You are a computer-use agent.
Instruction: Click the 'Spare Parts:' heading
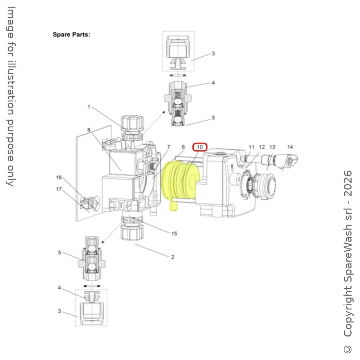[x=71, y=35]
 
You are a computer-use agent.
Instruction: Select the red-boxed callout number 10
[x=200, y=147]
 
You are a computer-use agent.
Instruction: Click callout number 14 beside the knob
[x=290, y=147]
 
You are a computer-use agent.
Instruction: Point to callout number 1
[x=89, y=107]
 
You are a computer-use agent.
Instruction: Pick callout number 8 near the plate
[x=89, y=130]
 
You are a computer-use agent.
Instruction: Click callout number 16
[x=59, y=178]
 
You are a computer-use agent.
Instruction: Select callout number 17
[x=59, y=189]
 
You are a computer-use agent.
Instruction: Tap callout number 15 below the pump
[x=174, y=233]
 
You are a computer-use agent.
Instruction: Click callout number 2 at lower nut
[x=173, y=257]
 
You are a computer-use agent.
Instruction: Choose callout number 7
[x=168, y=147]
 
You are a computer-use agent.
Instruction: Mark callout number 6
[x=183, y=147]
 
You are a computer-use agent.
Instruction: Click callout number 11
[x=251, y=147]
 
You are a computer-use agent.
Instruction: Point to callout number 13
[x=272, y=147]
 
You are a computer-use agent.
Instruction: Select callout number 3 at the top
[x=213, y=54]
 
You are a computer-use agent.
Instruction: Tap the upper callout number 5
[x=213, y=118]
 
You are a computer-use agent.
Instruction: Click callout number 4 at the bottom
[x=60, y=288]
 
